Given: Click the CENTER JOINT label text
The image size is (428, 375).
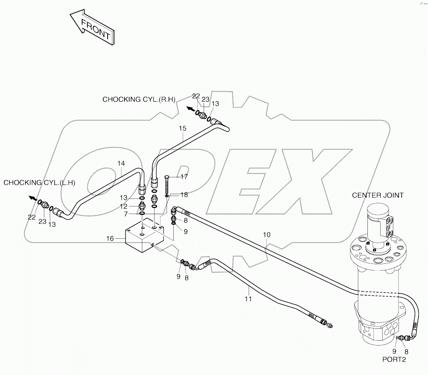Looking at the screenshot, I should coord(377,195).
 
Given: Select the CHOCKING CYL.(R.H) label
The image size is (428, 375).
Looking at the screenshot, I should coord(139,100).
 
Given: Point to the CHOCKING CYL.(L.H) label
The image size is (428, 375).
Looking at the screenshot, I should coord(39,183).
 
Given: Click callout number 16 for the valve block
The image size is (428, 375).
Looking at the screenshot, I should coord(110,239).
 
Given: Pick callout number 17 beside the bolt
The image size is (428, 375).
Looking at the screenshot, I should coord(184,176).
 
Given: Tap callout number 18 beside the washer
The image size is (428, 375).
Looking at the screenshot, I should coord(184,194).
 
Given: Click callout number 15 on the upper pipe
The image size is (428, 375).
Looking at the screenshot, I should coord(183,128).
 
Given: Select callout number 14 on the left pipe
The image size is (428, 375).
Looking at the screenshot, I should coord(121,163).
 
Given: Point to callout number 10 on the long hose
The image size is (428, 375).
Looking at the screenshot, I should coord(267,235).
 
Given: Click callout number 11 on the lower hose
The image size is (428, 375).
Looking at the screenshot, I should coord(248,299).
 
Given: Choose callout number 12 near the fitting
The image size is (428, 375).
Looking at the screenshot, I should coord(124,206).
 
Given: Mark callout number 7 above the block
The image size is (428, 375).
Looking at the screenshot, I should coord(125,214).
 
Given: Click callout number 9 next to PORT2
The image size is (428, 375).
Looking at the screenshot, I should coord(394,351).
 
